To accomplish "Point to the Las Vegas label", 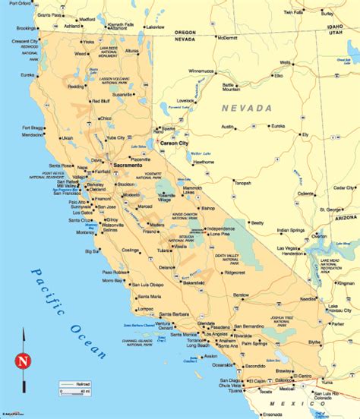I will click(288, 248).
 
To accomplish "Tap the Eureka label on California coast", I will click(30, 75).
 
